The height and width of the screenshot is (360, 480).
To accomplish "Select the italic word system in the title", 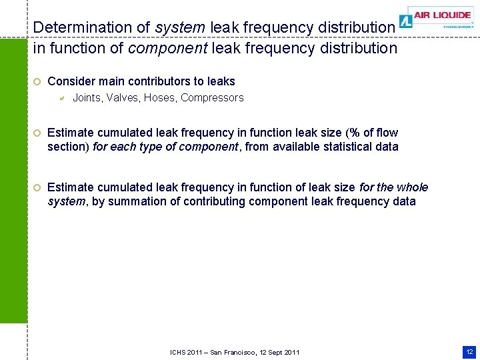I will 180,27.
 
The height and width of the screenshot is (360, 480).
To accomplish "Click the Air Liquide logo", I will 437,17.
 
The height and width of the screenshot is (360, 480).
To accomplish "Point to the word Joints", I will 87,98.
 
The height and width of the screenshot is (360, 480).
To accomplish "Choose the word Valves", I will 123,98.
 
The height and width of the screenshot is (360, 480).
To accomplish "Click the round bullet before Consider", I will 37,81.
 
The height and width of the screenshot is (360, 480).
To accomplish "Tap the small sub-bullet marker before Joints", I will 60,99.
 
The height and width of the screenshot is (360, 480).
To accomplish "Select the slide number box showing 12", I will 469,351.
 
